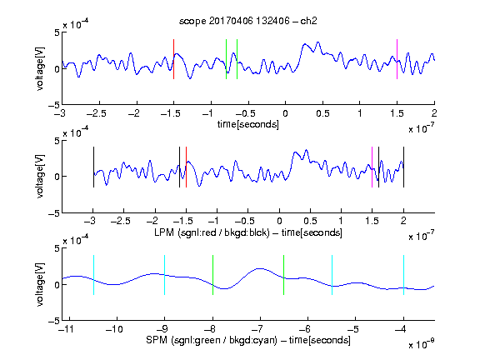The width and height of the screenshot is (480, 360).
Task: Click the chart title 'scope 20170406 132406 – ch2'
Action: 248,21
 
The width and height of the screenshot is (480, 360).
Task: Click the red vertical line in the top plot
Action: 173,59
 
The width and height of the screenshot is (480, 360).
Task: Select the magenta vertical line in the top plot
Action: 397,59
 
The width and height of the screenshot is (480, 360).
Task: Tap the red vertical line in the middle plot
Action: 186,167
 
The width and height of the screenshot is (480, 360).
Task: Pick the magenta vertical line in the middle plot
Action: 372,167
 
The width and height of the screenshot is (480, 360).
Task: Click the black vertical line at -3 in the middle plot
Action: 93,167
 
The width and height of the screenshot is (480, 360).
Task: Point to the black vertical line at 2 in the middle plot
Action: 403,167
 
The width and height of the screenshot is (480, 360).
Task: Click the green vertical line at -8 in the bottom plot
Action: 212,275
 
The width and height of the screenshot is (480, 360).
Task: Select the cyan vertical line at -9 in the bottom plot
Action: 165,275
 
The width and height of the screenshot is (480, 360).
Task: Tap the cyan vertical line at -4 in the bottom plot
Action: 403,275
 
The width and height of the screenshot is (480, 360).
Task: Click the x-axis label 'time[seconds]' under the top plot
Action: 248,125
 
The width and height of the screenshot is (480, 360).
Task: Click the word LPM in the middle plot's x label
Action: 164,232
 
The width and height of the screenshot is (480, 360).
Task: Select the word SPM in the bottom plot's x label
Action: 157,340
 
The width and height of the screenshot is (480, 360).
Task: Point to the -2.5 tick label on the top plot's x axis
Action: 96,113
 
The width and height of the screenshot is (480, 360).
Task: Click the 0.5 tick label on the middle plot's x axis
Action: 310,221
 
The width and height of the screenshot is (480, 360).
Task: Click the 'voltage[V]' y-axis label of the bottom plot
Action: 40,284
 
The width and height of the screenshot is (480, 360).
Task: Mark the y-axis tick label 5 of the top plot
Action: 57,32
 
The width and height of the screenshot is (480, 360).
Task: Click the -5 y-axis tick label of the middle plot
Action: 54,213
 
